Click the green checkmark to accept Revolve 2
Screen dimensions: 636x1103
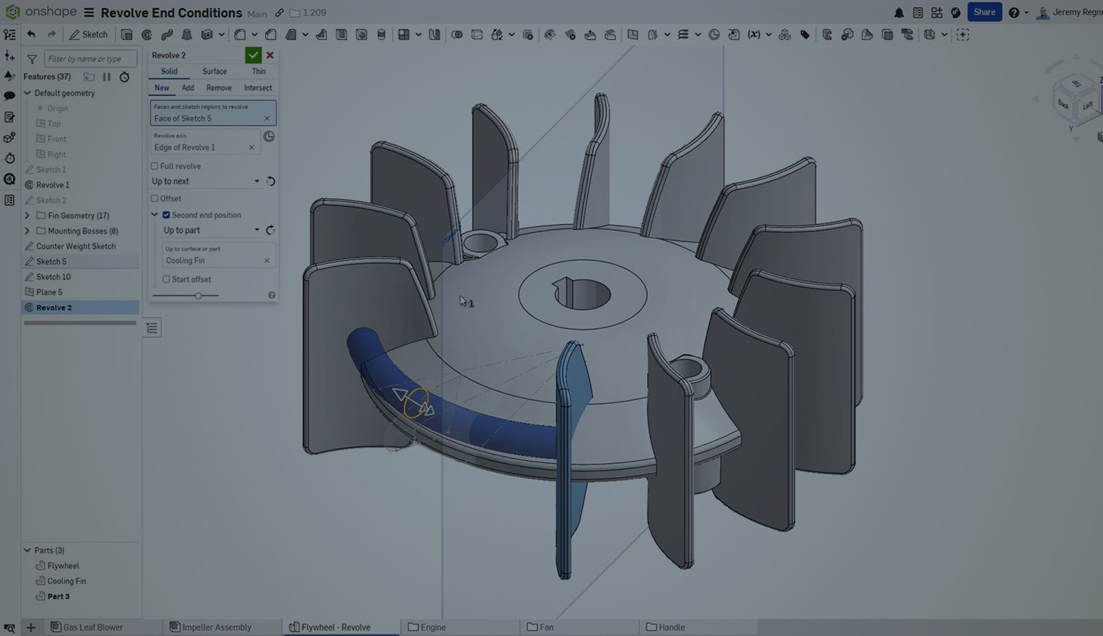[x=253, y=55]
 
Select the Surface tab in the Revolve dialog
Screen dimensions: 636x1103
[x=214, y=72]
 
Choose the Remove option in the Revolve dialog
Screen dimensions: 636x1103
[x=219, y=88]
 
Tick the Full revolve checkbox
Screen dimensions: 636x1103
[x=155, y=166]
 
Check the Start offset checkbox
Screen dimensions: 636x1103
[x=166, y=279]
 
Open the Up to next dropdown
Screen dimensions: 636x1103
[x=205, y=181]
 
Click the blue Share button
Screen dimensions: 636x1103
[x=984, y=12]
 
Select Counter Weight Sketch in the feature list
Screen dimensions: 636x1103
[x=76, y=246]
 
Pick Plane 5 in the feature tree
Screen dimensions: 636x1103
[x=49, y=292]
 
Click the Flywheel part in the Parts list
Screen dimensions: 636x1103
[x=63, y=566]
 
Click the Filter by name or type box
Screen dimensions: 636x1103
[x=90, y=59]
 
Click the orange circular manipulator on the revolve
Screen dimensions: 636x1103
[x=416, y=403]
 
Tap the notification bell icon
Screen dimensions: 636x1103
[x=899, y=13]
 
